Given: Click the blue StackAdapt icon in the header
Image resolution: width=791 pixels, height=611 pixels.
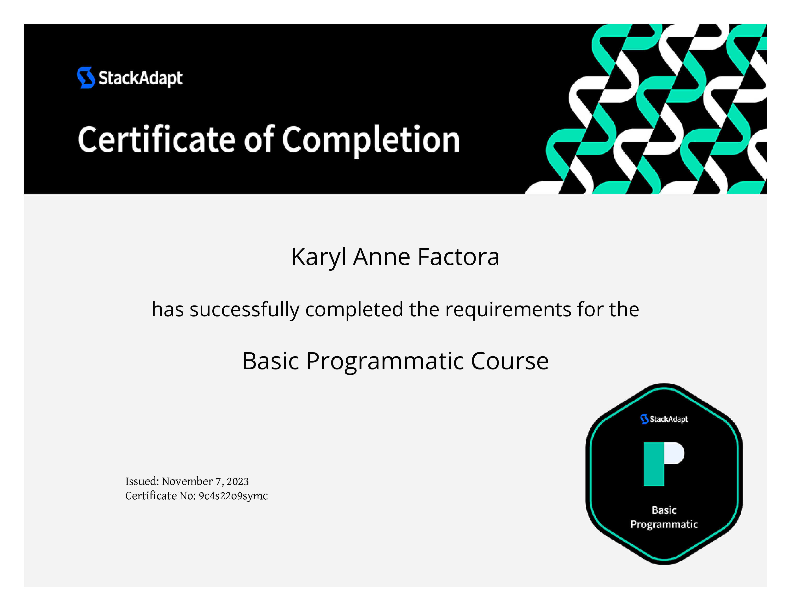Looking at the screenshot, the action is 86,77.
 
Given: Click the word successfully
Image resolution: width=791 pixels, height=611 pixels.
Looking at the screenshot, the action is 244,310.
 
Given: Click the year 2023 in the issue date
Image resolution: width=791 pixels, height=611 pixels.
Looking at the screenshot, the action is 238,481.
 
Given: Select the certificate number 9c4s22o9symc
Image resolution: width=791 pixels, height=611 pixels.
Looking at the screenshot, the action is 233,496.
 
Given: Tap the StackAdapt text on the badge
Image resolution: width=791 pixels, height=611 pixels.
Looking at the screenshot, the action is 669,419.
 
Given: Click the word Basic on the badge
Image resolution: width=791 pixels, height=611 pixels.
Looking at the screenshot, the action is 664,510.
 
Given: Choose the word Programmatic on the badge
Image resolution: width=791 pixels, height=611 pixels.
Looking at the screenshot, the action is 664,525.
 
